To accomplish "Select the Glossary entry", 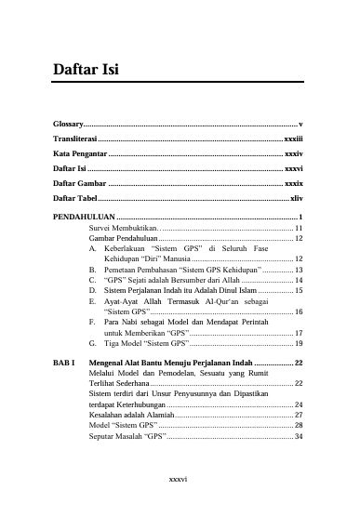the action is (68, 124).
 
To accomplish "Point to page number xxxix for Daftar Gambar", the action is (293, 183).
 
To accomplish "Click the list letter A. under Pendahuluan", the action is (93, 249).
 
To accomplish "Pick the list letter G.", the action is (93, 343).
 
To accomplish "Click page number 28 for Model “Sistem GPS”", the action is (298, 425).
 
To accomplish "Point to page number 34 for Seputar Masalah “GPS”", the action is (298, 436).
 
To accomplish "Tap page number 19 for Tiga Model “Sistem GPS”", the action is (298, 343).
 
